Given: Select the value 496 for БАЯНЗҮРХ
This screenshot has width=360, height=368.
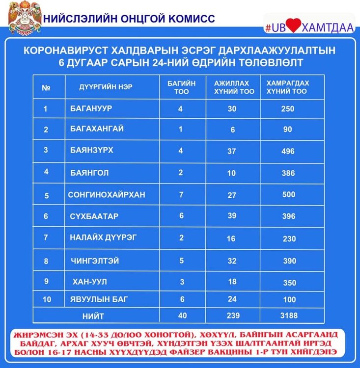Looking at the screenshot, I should click(288, 151).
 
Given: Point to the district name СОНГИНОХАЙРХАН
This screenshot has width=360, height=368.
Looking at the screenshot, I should click(107, 195).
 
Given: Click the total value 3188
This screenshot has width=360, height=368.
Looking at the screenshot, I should click(288, 315).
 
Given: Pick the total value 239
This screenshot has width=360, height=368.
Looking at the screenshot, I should click(232, 315).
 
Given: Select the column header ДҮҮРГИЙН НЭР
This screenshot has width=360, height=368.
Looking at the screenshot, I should click(106, 87).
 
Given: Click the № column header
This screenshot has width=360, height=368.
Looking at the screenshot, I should click(47, 88).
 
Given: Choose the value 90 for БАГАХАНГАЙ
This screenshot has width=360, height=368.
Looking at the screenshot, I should click(287, 130).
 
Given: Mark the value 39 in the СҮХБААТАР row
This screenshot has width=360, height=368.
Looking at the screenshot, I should click(232, 216).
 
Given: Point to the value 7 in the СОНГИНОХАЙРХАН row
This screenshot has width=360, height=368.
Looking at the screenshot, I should click(181, 194).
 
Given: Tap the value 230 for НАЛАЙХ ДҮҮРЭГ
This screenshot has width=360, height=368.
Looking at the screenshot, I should click(289, 239).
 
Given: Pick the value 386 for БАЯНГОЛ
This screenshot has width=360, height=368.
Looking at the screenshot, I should click(288, 173).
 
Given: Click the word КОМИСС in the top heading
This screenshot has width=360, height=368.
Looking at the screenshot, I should click(191, 19).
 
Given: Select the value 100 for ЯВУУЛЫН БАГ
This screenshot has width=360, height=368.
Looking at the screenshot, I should click(288, 299).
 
